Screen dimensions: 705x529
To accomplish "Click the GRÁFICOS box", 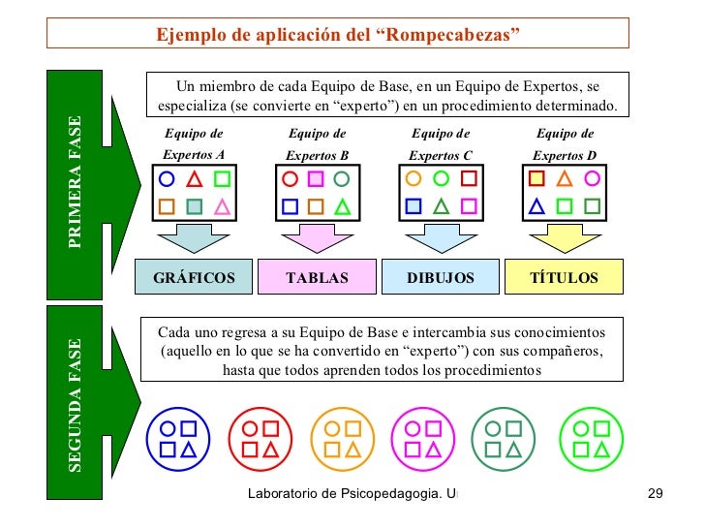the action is [x=194, y=277].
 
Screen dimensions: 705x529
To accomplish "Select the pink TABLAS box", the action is [x=317, y=277].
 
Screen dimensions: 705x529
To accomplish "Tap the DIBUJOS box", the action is [x=441, y=277].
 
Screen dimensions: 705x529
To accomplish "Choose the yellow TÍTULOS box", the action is [x=564, y=277].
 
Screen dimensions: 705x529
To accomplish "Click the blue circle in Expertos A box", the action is [x=167, y=179].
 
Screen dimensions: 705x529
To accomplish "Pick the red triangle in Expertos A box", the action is [x=194, y=179].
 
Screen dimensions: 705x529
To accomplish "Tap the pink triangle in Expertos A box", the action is [x=222, y=206].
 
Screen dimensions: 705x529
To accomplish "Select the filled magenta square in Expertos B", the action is [x=315, y=179].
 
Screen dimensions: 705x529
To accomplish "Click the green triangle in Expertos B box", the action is [x=341, y=206].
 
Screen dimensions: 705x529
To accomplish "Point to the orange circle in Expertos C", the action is [x=414, y=179].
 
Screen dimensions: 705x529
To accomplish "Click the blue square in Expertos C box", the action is [x=414, y=206].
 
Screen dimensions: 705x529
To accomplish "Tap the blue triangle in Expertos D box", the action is [x=536, y=206].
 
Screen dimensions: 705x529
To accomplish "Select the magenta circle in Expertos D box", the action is [x=592, y=179].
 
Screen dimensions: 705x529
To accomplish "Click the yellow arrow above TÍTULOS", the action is [x=564, y=238].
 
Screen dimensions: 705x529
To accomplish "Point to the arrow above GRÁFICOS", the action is [x=194, y=238].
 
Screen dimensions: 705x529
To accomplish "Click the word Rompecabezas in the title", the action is [x=452, y=35].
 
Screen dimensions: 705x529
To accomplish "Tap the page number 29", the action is [x=654, y=495].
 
